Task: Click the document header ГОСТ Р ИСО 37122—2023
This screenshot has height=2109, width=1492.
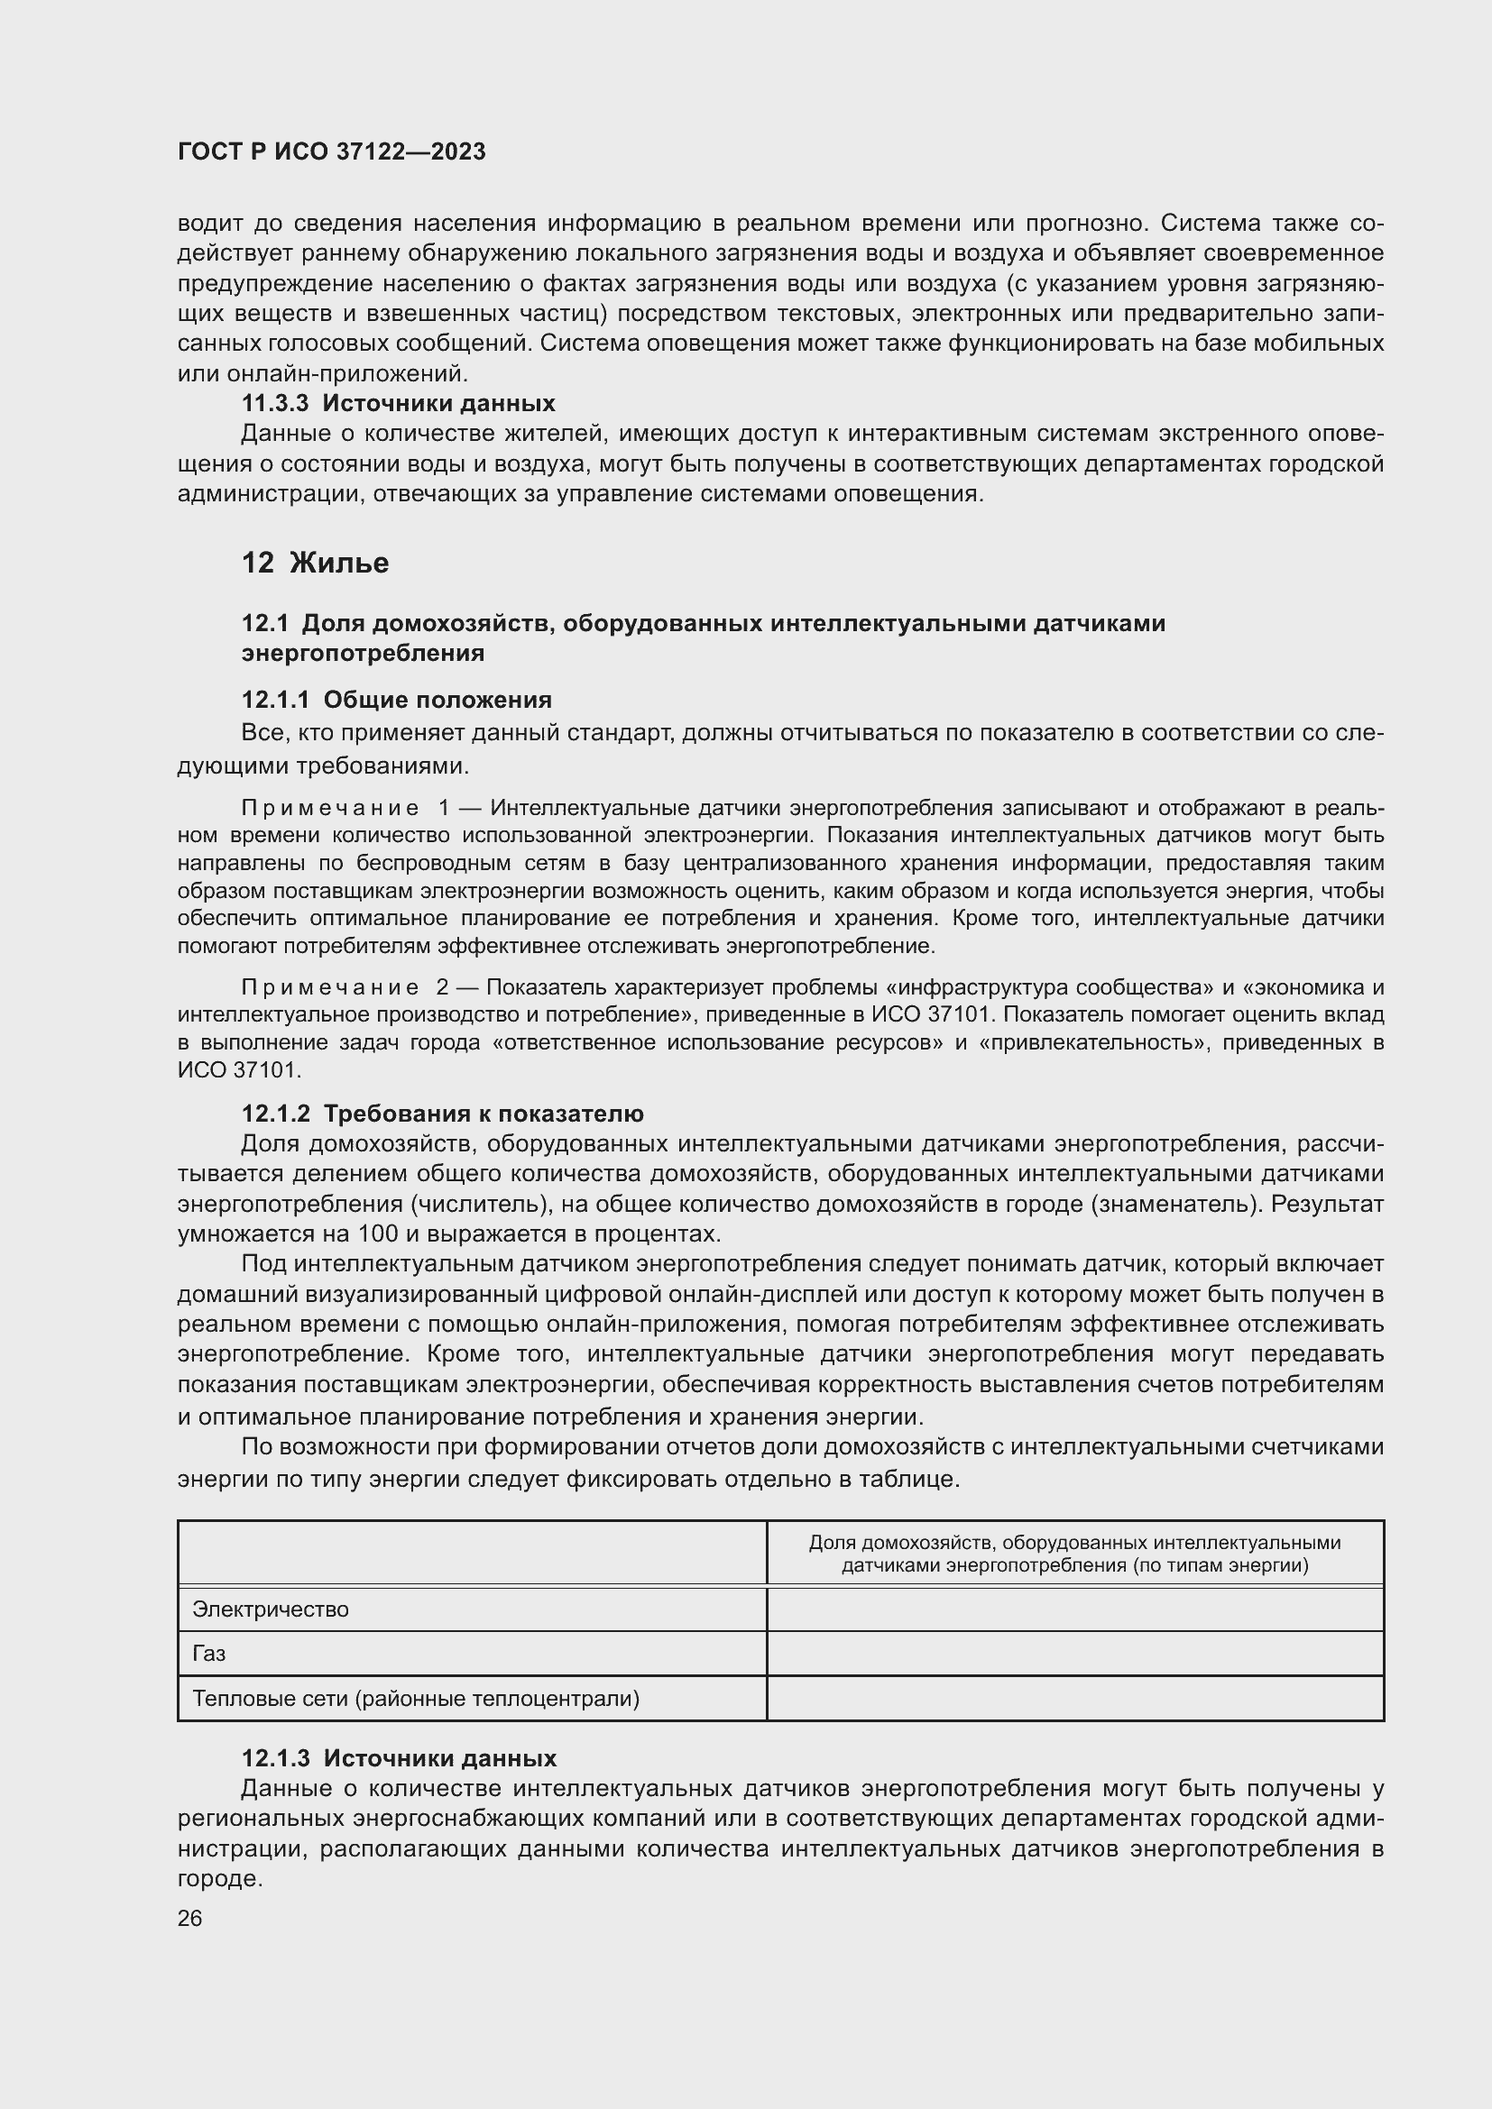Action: [331, 151]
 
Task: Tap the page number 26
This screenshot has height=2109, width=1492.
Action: [190, 1918]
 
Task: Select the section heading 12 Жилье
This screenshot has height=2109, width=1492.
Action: [315, 562]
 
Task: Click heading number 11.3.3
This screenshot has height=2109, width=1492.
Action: [275, 403]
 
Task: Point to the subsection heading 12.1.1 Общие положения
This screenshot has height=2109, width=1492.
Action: [396, 700]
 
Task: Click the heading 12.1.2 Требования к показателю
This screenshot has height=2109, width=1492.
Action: [442, 1114]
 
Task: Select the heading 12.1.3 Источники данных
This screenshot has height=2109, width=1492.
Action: [399, 1758]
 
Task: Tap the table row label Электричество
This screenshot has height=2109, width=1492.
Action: [270, 1609]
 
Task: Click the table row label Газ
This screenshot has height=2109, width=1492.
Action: [208, 1654]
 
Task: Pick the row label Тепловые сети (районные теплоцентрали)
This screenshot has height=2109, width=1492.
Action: [415, 1699]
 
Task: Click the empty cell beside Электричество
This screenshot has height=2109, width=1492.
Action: [1075, 1609]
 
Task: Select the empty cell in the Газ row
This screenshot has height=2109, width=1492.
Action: [1075, 1654]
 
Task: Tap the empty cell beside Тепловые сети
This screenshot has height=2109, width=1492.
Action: [1075, 1699]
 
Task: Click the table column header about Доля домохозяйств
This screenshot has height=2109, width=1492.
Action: [1075, 1554]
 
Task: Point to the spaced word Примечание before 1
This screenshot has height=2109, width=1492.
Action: [330, 808]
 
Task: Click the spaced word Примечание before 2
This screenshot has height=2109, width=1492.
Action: [330, 987]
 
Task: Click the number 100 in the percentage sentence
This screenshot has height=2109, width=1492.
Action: [378, 1233]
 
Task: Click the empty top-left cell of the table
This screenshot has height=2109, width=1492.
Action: [471, 1554]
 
